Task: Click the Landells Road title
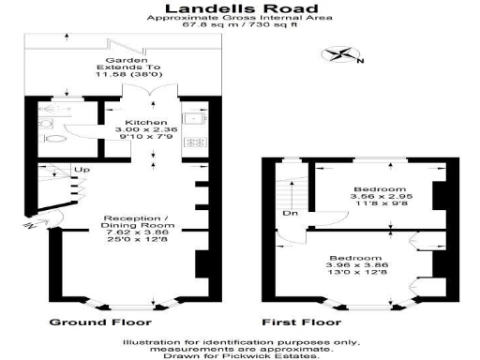point(240,7)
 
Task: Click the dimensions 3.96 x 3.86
point(355,266)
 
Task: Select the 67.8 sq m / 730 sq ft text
point(240,26)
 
